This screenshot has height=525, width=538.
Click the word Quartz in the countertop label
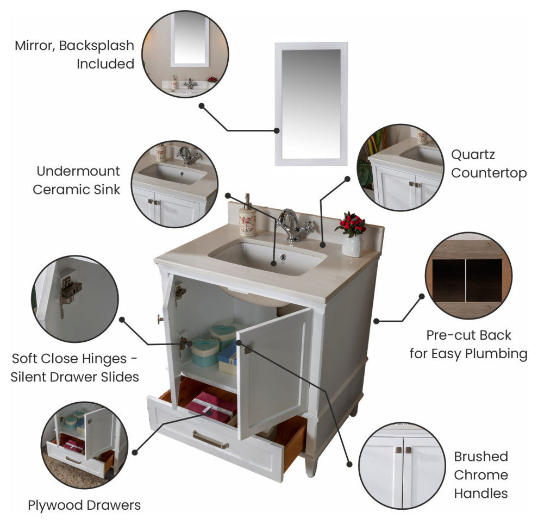(x=473, y=155)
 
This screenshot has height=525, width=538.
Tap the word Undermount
(x=78, y=171)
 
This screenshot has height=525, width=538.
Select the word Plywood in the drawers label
(x=55, y=505)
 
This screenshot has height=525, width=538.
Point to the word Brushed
(x=481, y=457)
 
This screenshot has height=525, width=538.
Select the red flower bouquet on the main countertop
(x=351, y=224)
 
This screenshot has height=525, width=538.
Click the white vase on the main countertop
(x=352, y=246)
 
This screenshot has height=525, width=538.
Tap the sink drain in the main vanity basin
(x=283, y=257)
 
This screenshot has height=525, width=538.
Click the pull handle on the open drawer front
(x=210, y=440)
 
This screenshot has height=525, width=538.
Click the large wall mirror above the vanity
(x=311, y=104)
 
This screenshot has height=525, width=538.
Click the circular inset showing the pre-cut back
(x=468, y=276)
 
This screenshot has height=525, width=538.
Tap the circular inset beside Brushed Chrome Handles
(x=402, y=466)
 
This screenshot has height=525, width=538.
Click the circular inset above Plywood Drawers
(x=84, y=445)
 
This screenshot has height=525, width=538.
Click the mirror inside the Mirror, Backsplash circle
(x=190, y=40)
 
